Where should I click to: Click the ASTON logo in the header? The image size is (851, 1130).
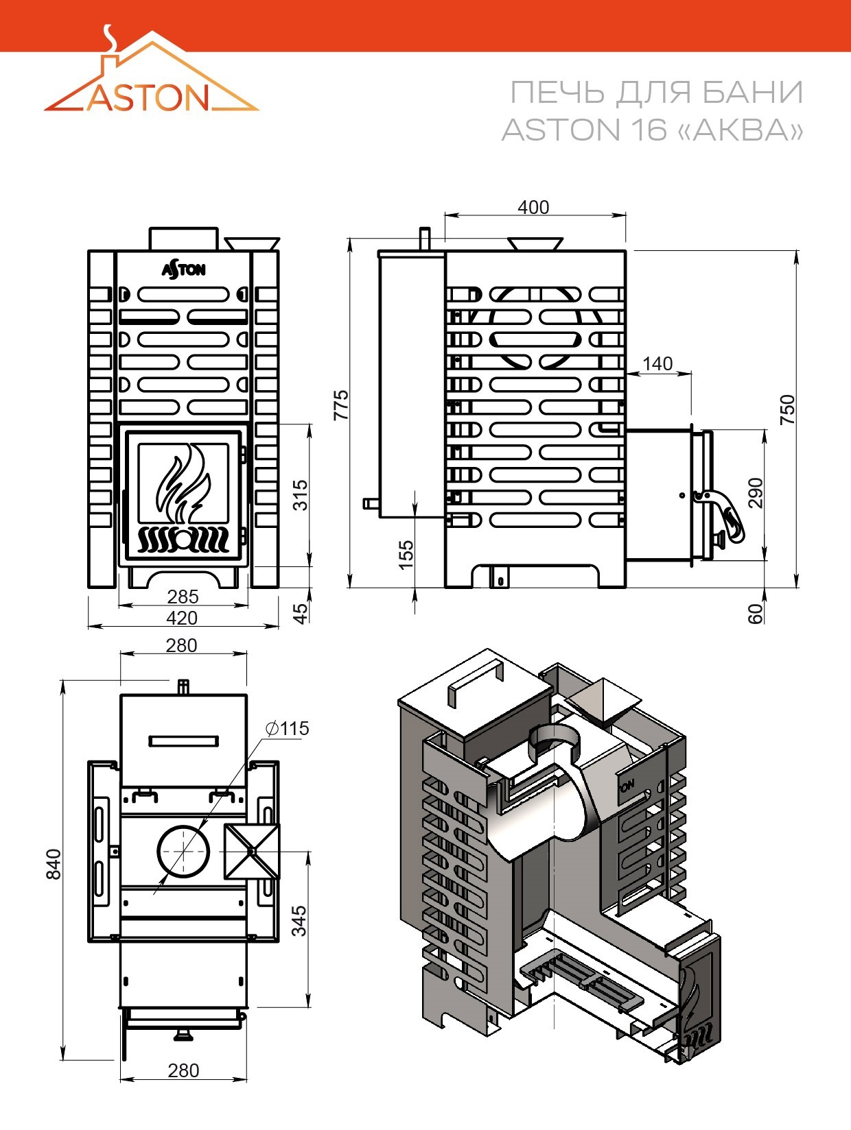[x=151, y=69]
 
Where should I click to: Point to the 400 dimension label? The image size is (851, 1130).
[x=533, y=207]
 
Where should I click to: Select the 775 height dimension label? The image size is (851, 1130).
[x=341, y=405]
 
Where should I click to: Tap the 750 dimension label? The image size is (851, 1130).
[x=787, y=410]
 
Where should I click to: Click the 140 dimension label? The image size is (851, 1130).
[x=657, y=363]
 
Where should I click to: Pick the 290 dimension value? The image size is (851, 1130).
[x=755, y=493]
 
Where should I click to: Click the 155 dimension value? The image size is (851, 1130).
[x=406, y=555]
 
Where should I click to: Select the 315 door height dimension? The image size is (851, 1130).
[x=301, y=495]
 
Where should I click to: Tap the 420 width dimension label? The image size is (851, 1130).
[x=182, y=618]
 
